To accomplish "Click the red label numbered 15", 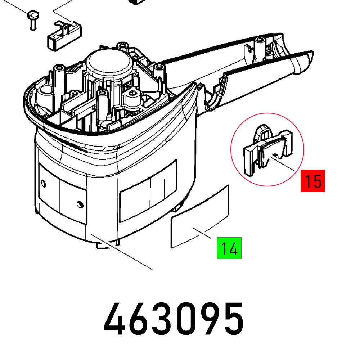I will (x=313, y=180).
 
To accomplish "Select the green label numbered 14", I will (x=229, y=248).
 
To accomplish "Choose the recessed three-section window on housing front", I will (x=148, y=191).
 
